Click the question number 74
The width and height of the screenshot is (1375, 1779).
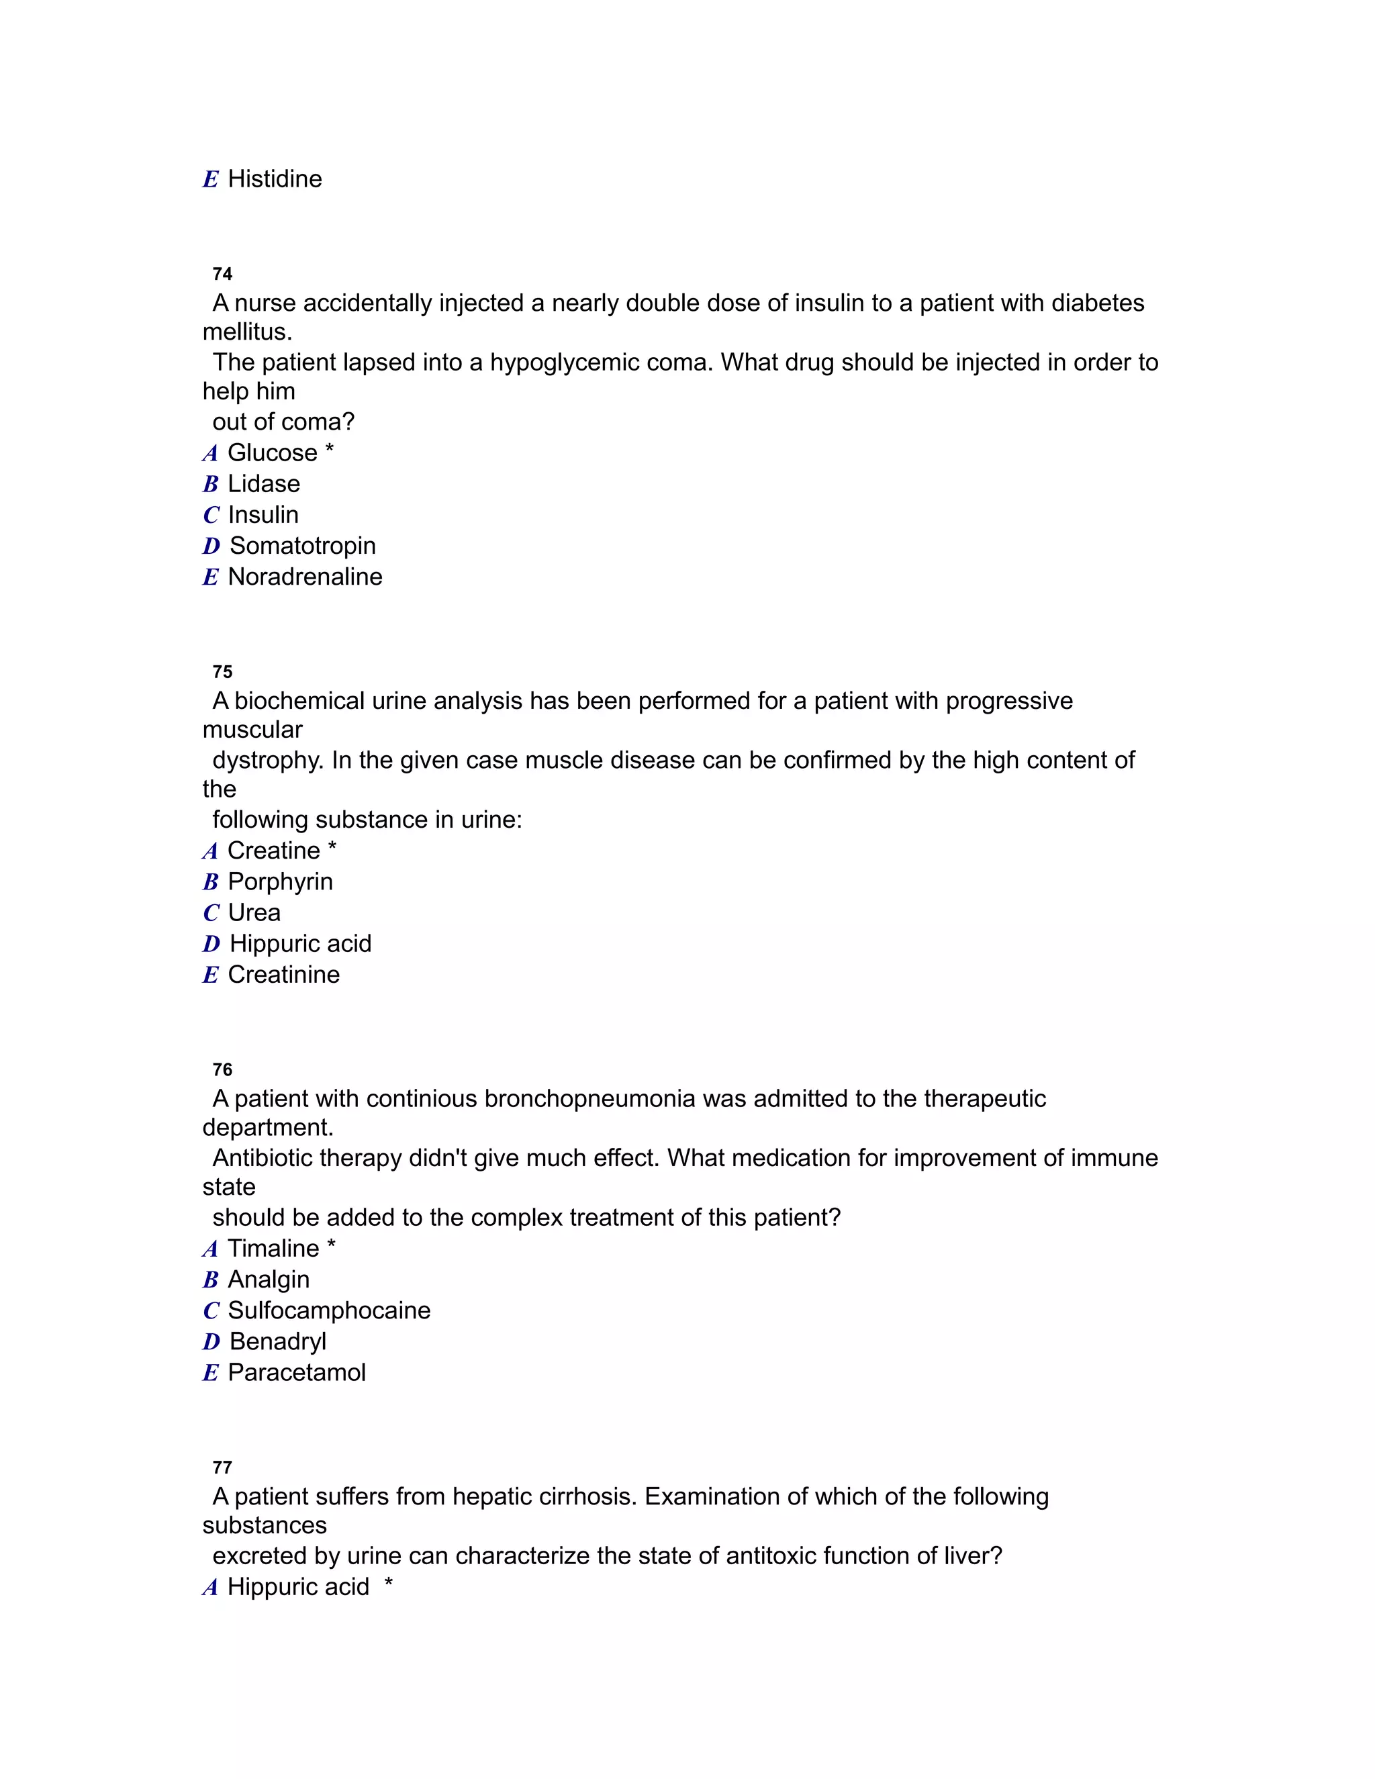222,274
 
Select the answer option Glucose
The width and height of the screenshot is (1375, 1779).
272,453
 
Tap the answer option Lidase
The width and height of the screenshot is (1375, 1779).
264,484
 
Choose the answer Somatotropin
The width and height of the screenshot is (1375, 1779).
302,546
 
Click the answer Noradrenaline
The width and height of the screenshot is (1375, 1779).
305,577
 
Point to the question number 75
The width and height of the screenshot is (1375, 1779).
222,672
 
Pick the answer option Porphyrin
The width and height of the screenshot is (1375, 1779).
280,881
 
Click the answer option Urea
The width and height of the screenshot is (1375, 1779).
254,912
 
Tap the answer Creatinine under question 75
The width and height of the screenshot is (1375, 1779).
283,974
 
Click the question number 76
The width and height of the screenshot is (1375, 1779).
222,1069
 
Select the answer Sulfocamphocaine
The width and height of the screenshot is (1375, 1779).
329,1310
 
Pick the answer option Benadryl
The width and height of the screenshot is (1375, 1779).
278,1341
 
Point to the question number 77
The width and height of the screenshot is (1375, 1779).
222,1467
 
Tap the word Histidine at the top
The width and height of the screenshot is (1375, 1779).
275,179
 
